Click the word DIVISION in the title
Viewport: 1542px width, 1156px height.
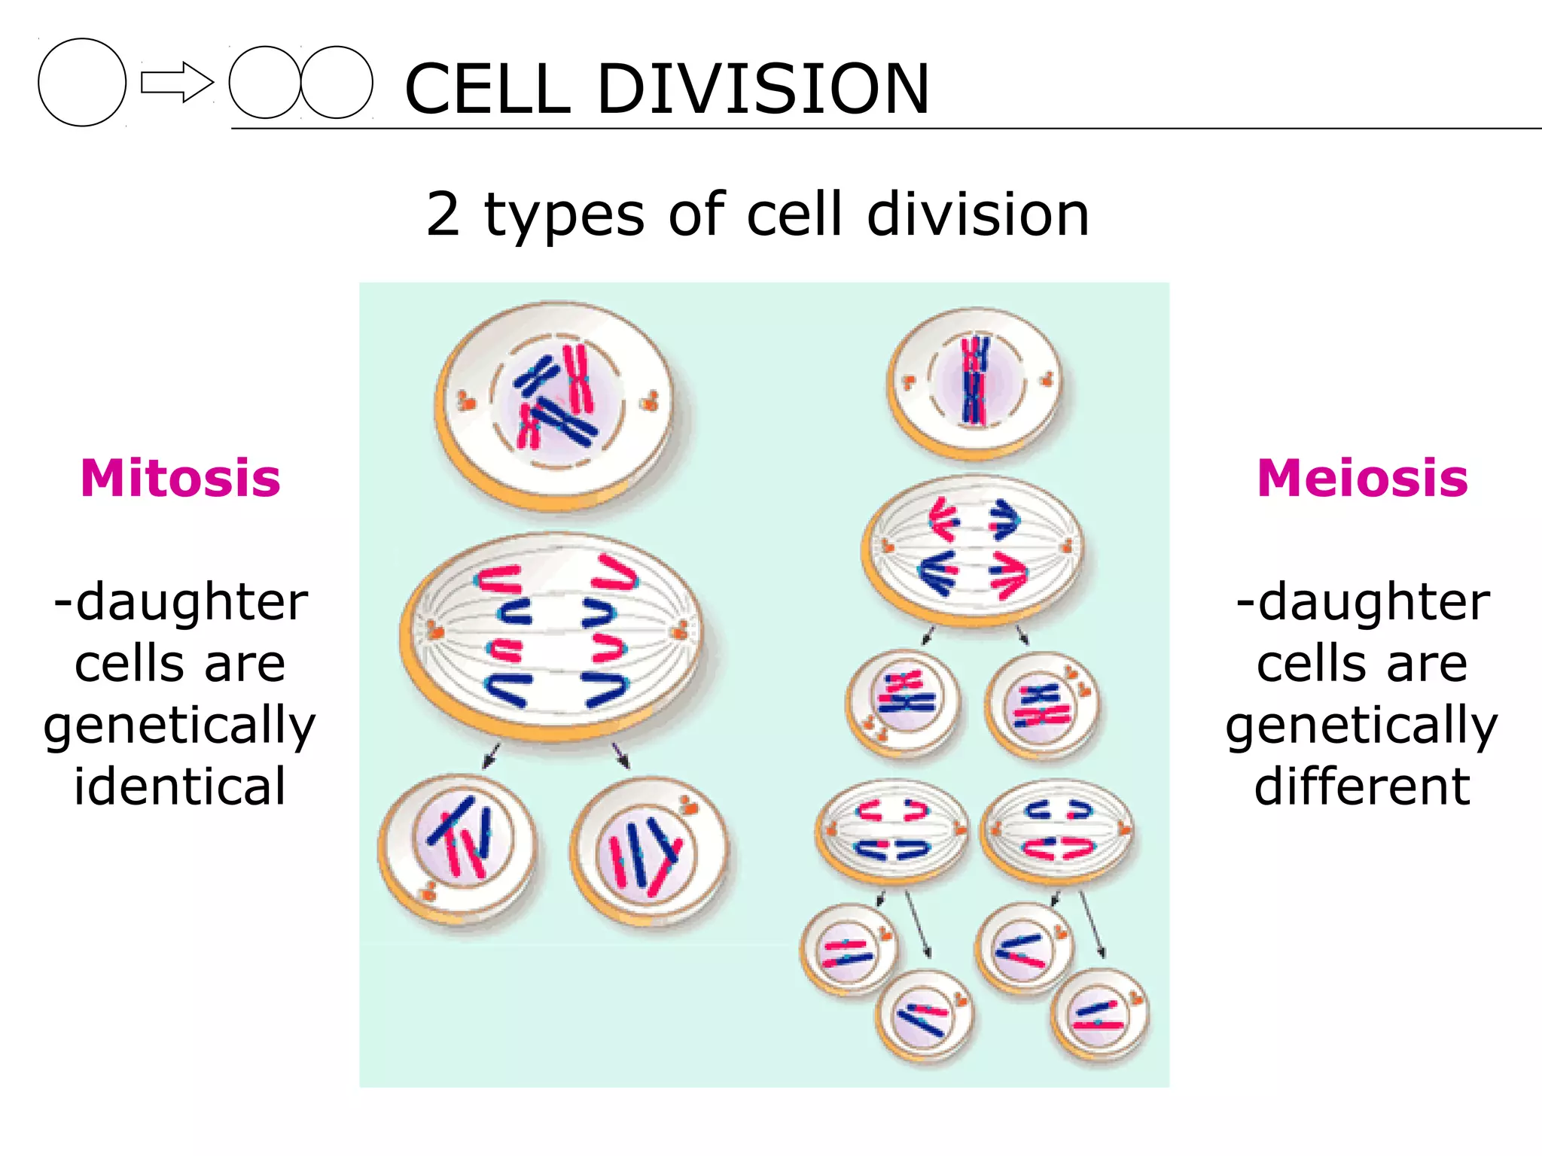pos(763,89)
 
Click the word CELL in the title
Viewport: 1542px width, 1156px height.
pos(488,89)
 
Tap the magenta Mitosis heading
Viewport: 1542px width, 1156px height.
pos(180,479)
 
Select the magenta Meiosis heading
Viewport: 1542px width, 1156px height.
pos(1362,479)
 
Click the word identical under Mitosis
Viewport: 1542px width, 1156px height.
pos(180,786)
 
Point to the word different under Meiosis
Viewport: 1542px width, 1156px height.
pos(1362,786)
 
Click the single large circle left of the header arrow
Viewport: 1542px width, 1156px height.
pos(82,82)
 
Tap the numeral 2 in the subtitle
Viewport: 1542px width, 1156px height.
pos(443,214)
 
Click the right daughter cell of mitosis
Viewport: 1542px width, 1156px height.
pos(649,850)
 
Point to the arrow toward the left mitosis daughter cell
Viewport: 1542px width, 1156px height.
pos(491,755)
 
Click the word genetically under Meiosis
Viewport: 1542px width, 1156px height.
pos(1362,726)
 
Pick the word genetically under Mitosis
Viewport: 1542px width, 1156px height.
pos(180,726)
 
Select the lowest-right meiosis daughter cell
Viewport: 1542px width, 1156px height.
pos(1099,1016)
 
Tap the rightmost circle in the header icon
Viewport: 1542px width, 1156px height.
pos(337,82)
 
